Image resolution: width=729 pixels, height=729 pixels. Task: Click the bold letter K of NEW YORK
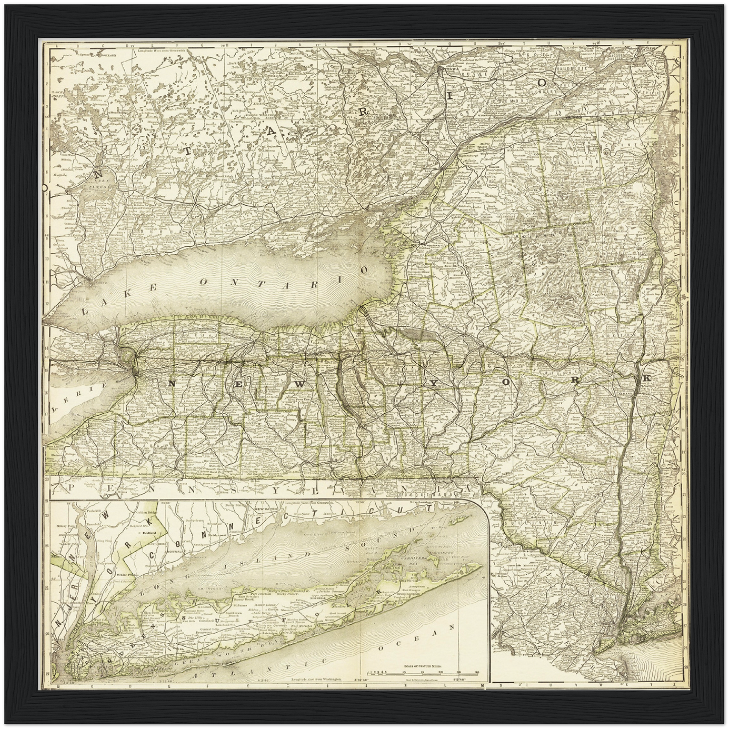point(646,378)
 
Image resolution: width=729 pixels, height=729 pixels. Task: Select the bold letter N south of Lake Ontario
point(172,383)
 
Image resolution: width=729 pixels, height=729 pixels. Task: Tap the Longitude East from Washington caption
point(316,680)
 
